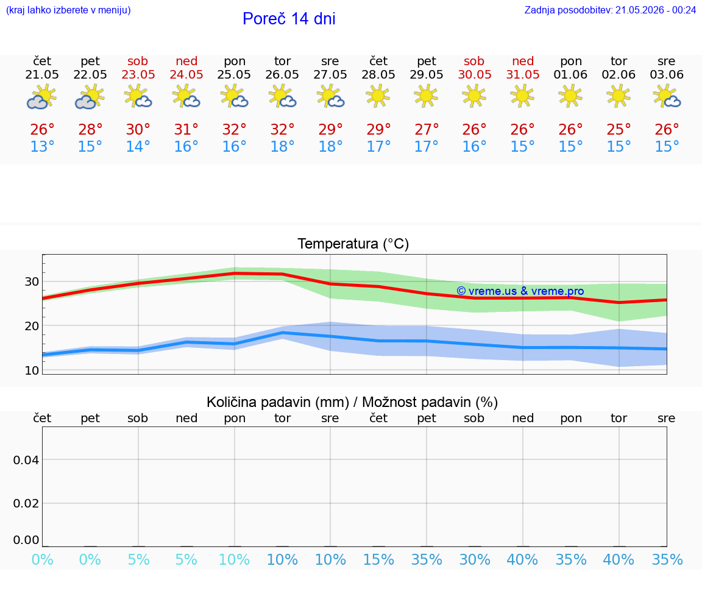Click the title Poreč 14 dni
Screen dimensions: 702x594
tap(289, 19)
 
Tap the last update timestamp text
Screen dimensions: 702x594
tap(610, 10)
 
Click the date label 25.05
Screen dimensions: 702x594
tap(234, 74)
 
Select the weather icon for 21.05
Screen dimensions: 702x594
tap(41, 97)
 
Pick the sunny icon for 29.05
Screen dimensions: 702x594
tap(426, 96)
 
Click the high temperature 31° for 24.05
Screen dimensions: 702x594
tap(186, 130)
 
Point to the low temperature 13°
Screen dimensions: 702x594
tap(42, 146)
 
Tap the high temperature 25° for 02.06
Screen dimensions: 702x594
tap(619, 130)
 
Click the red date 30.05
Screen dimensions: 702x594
tap(475, 74)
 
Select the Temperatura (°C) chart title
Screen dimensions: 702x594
tap(353, 244)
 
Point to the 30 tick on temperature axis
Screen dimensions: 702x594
tap(32, 282)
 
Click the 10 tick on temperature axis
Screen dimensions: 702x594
tap(32, 370)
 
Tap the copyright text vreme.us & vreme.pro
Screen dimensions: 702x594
tap(520, 291)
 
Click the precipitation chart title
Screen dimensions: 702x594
tap(352, 403)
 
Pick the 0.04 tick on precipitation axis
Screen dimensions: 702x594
tap(26, 460)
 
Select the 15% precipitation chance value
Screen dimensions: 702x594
tap(379, 560)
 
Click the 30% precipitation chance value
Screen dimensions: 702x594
tap(475, 560)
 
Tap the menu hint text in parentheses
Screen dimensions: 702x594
tap(68, 10)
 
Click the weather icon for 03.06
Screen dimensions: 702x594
tap(667, 97)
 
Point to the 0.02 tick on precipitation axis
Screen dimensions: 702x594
tap(26, 504)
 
